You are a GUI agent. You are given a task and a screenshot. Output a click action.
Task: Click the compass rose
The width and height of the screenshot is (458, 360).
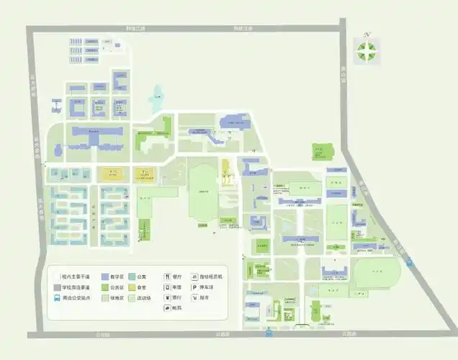point(367,50)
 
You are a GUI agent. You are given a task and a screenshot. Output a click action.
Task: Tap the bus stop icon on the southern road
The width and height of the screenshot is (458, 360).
point(268,333)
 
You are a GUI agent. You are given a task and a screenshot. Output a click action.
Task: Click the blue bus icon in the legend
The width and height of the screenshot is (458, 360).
point(56,297)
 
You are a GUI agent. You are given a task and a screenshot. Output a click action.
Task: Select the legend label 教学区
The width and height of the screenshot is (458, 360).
point(117,276)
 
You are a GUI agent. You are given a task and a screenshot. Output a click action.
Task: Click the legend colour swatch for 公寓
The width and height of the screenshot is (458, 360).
point(133,276)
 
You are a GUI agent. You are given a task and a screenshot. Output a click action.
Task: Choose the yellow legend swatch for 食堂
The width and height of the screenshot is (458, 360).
point(133,287)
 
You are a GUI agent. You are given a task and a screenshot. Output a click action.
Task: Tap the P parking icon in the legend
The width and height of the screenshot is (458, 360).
point(194,287)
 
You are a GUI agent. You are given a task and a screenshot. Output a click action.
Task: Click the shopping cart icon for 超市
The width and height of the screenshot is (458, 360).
point(194,297)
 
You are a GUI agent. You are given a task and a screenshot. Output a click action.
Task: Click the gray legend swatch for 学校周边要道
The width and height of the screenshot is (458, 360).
point(56,287)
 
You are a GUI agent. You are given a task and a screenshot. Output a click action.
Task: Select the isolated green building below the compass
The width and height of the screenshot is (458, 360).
point(322,151)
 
